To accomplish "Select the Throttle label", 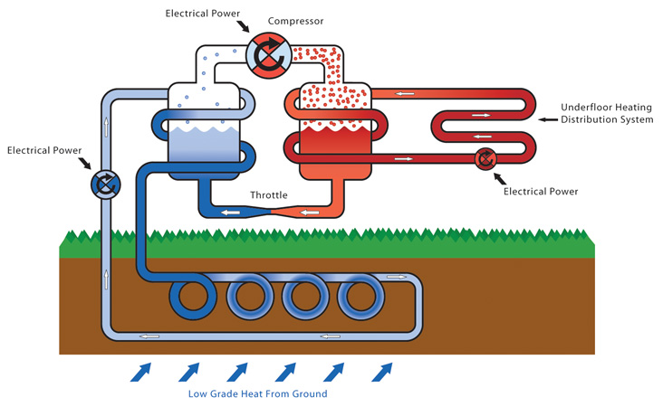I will [x=269, y=194].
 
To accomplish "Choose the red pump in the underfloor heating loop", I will [x=486, y=159].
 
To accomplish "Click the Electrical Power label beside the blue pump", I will [x=43, y=149].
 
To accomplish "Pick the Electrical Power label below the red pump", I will [x=541, y=191].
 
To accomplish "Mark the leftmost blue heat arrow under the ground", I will [x=141, y=371].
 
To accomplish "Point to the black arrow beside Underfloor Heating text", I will [x=546, y=119].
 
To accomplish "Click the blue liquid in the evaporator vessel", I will [x=205, y=149].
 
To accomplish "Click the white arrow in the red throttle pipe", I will [x=310, y=213].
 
